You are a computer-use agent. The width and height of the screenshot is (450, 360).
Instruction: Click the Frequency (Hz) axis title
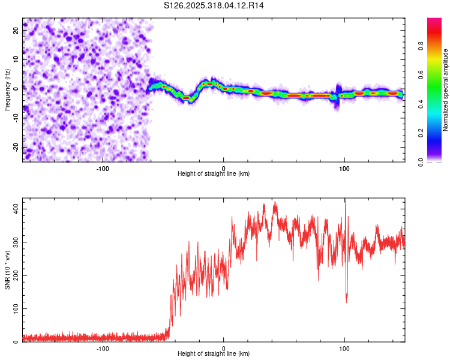point(7,90)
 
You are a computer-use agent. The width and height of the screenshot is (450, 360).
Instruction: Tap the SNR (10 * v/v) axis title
point(7,270)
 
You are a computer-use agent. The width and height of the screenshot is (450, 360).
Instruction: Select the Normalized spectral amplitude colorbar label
point(446,90)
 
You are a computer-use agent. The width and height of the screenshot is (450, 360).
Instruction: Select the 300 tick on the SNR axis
point(15,242)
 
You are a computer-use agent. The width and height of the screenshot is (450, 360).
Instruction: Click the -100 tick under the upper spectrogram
point(103,167)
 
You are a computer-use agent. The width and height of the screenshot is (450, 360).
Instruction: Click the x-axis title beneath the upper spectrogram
point(214,173)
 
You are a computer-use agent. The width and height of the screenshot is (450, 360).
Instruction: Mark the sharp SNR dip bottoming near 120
point(346,300)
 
